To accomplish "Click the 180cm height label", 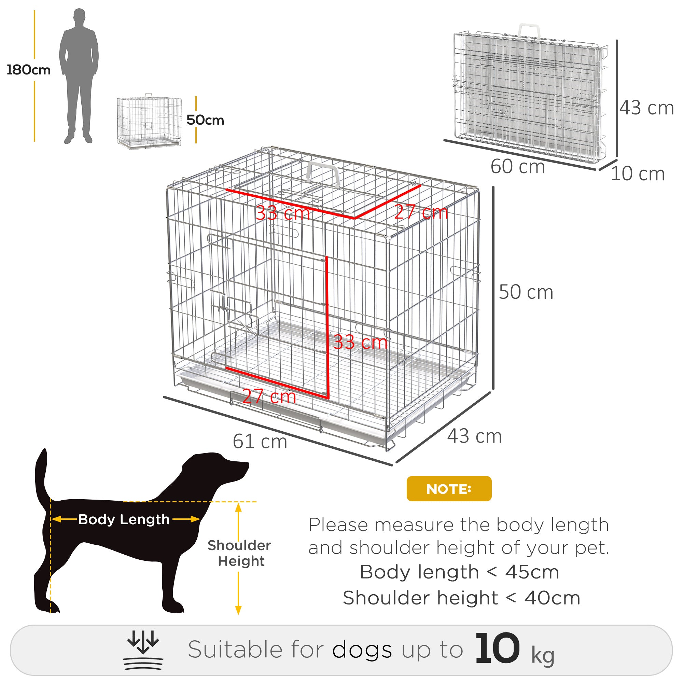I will coord(29,70).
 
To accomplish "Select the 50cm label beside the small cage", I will coord(205,120).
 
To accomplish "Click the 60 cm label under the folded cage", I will coord(518,167).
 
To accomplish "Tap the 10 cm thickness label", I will coord(638,174).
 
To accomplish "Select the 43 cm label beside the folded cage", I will coord(646,108).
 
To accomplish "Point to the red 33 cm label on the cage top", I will coord(283,213).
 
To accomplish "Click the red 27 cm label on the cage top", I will coord(421,212).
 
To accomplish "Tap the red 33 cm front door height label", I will coord(360,342).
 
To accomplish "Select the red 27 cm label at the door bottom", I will coord(269,396).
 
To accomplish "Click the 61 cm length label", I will coord(260,442).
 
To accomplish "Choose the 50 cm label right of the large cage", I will coord(526,292).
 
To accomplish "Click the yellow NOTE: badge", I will coord(449,489).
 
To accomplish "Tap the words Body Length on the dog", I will coord(124,519).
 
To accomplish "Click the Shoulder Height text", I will coord(239,553).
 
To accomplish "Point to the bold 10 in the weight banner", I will coord(497,649).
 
